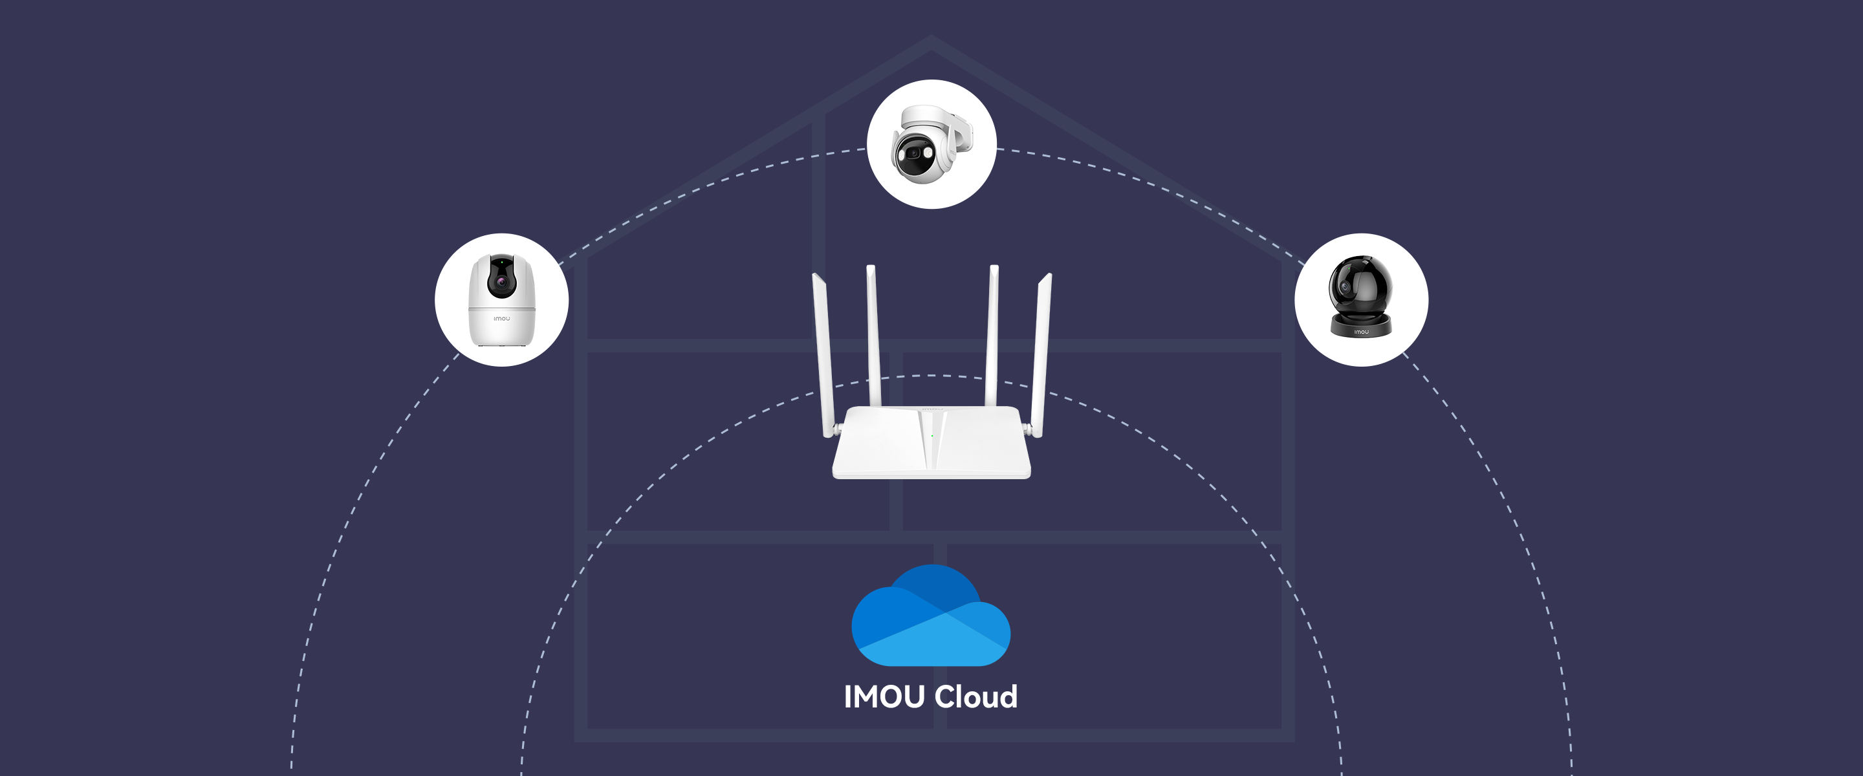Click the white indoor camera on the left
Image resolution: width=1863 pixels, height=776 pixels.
coord(501,300)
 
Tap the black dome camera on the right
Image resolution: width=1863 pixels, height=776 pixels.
coord(1360,297)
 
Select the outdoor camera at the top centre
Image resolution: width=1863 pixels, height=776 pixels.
coord(930,145)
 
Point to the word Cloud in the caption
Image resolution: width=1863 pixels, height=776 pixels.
coord(975,697)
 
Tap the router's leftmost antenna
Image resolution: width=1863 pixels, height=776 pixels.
coord(823,354)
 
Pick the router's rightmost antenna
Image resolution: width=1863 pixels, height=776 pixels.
coord(1042,354)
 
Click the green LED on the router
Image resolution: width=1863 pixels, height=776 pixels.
coord(932,435)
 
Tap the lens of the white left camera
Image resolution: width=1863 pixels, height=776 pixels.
coord(501,281)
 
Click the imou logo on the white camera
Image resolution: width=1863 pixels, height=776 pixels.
coord(501,318)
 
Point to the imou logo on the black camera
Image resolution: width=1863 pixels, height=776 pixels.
coord(1361,332)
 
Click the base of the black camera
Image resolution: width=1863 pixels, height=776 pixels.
coord(1360,327)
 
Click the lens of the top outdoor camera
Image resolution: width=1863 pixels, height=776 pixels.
coord(913,153)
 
